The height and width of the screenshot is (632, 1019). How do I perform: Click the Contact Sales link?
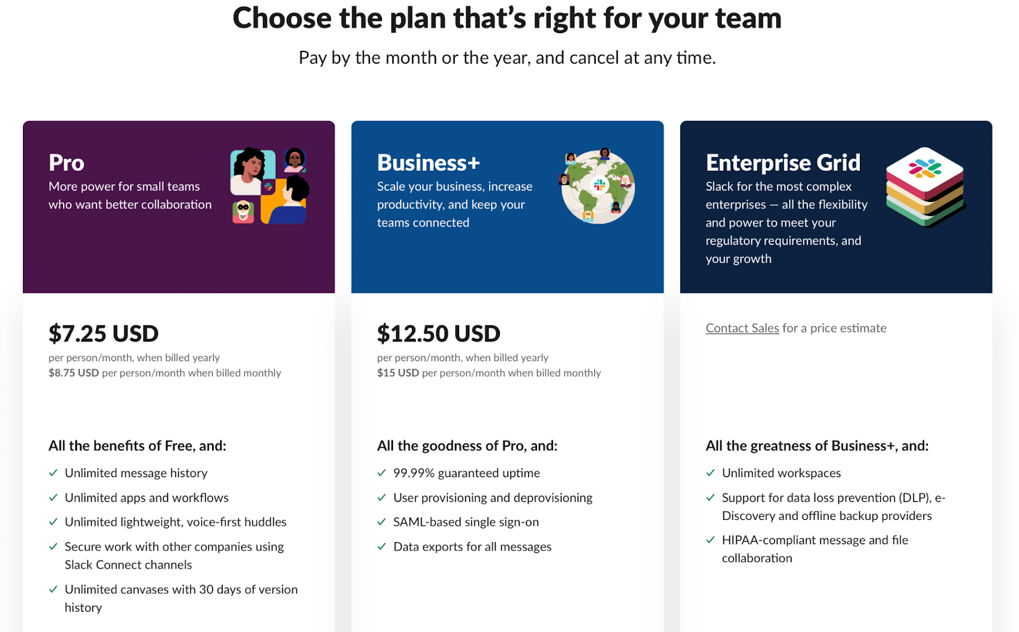tap(742, 328)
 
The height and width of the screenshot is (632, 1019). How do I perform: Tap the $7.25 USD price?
tap(104, 333)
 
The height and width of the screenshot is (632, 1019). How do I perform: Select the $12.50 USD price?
tap(439, 333)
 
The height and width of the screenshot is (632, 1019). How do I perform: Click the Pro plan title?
tap(66, 162)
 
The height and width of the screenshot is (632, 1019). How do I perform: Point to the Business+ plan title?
tap(429, 162)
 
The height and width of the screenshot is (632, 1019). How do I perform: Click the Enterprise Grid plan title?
tap(783, 162)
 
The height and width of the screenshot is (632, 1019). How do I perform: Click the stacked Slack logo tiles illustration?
tap(925, 187)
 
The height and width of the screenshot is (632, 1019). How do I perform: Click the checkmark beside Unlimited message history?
tap(53, 473)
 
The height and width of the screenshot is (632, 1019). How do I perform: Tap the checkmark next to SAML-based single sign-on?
tap(381, 522)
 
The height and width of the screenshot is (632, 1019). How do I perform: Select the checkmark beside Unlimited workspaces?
tap(711, 473)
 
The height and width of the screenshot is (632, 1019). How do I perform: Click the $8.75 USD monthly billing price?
tap(74, 373)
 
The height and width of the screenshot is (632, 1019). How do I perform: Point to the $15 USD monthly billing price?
tap(398, 373)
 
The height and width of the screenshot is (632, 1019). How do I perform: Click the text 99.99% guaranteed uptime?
tap(467, 473)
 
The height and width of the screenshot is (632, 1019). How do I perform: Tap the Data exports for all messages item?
tap(472, 547)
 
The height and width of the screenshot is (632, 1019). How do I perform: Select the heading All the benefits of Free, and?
tap(138, 445)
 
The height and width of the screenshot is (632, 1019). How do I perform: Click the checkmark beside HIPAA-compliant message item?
tap(711, 540)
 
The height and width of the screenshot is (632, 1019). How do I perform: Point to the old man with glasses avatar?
tap(243, 212)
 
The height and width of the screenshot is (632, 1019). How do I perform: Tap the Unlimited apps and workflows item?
tap(146, 498)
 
